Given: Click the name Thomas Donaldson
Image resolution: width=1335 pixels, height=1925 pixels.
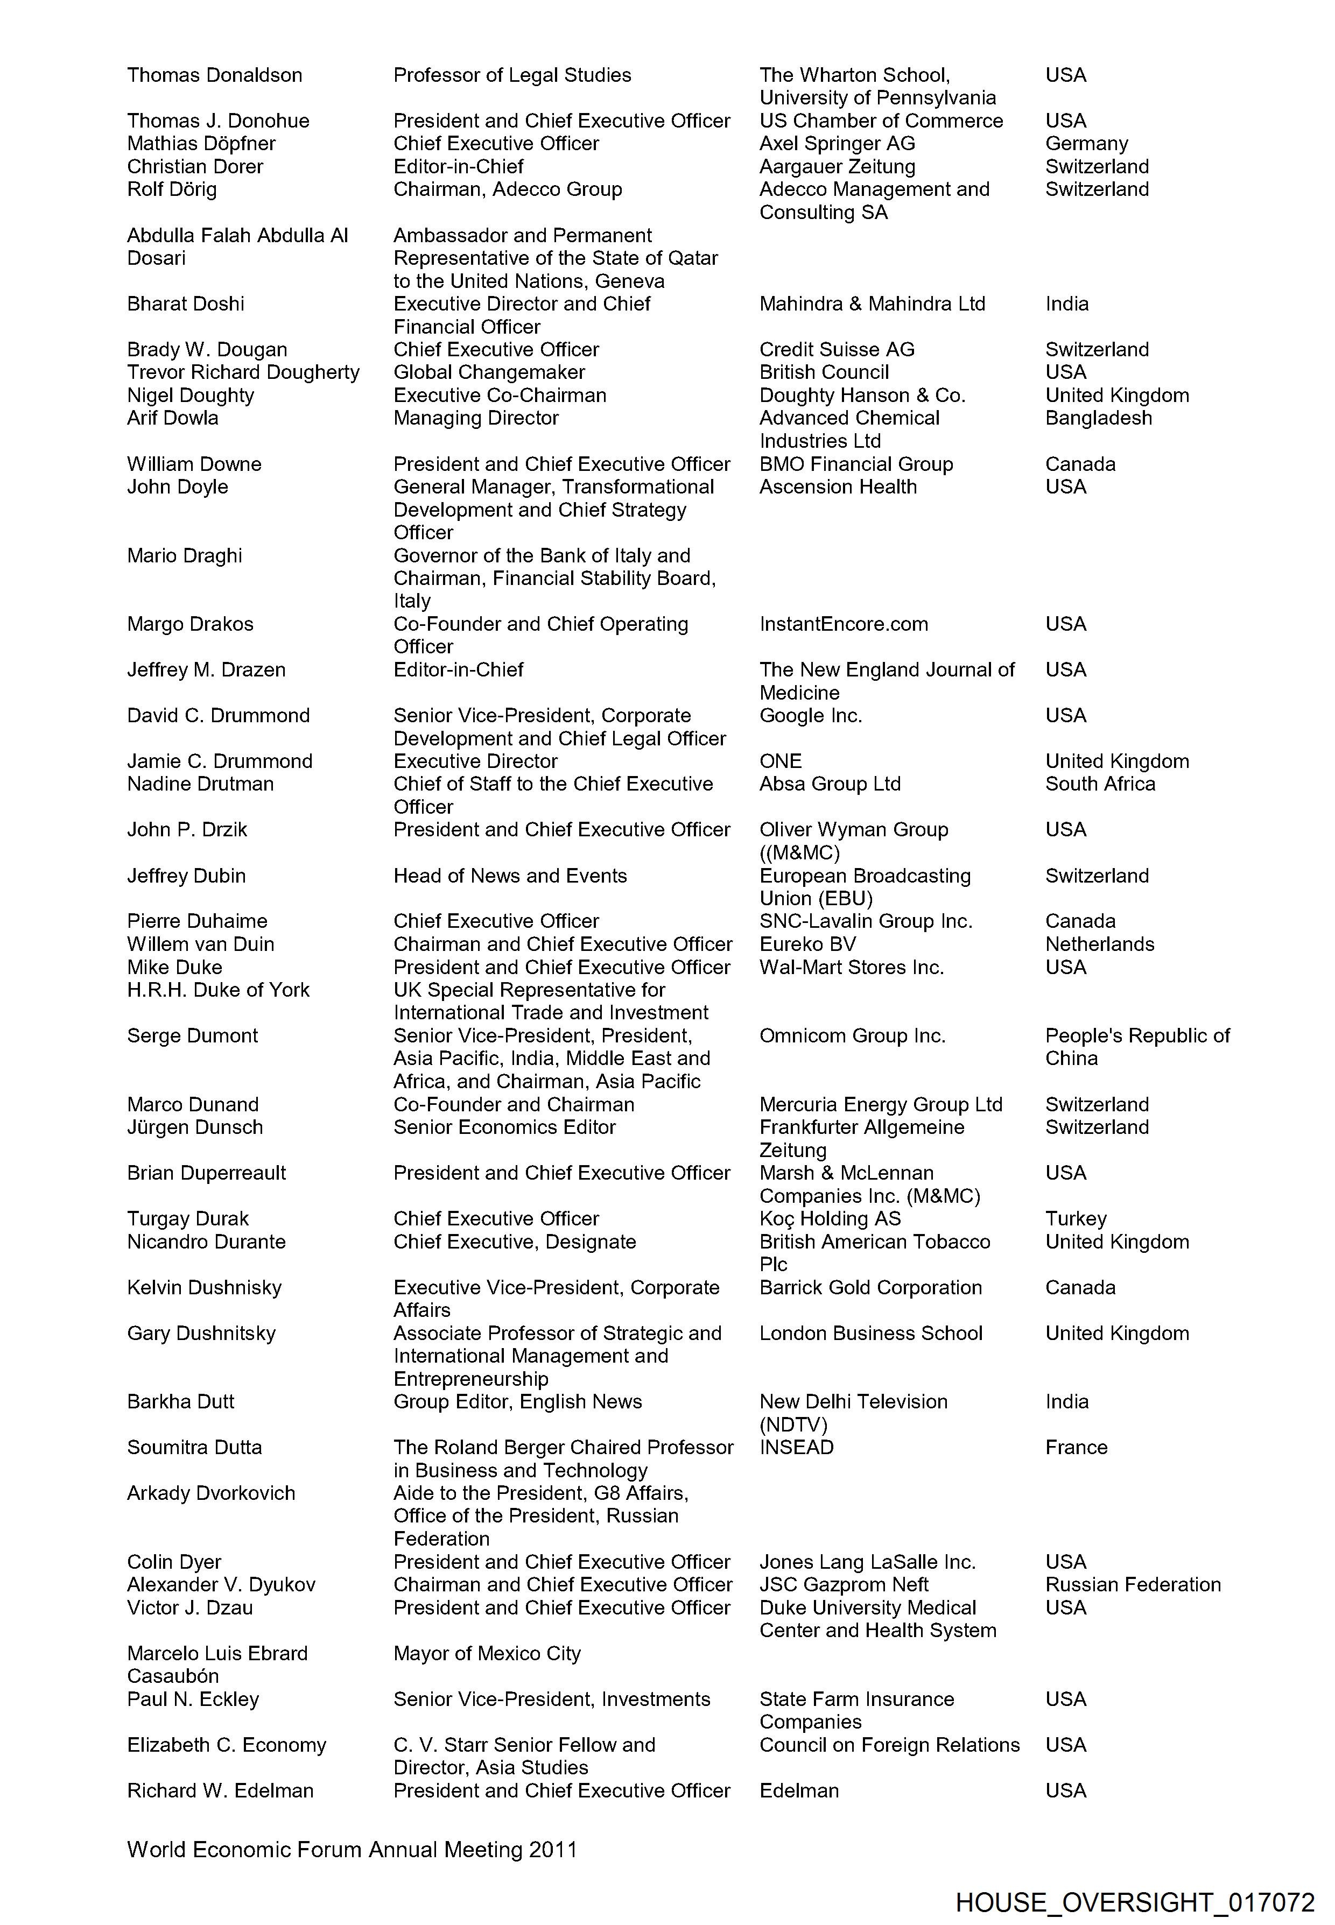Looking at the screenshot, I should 214,75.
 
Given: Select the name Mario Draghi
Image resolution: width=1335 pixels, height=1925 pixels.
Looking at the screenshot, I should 184,556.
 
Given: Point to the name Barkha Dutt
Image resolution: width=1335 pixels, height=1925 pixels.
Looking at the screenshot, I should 181,1401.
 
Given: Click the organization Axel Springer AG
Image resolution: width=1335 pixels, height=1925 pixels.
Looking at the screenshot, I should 837,144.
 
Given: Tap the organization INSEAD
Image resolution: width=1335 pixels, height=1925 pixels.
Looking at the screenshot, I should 796,1448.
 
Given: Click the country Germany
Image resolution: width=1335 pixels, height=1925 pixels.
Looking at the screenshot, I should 1086,144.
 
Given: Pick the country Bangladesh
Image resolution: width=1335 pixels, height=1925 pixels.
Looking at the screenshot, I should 1098,418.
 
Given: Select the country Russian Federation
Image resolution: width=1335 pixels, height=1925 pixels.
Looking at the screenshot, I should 1133,1585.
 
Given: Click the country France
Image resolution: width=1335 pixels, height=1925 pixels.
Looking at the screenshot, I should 1076,1448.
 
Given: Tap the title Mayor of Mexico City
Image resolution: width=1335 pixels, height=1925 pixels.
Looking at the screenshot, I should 487,1653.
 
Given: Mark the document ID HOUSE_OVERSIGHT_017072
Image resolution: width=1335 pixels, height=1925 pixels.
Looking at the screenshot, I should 1134,1902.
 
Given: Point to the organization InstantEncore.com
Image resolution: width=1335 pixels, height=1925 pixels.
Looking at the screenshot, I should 843,624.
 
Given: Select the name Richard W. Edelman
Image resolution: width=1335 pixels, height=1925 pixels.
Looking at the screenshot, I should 220,1790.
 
